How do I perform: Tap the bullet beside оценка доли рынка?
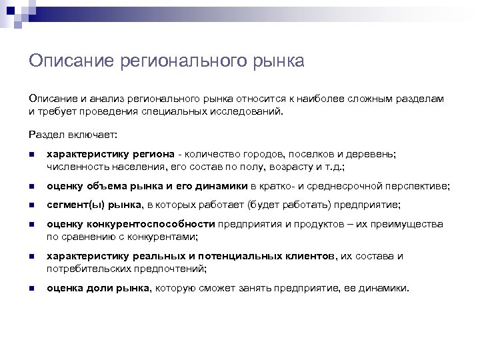31,289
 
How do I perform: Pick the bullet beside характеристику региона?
31,153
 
